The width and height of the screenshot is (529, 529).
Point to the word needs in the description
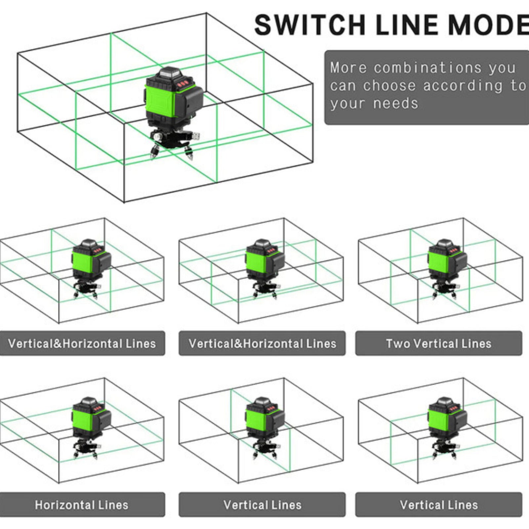click(395, 104)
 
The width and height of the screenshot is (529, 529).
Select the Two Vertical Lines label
click(439, 344)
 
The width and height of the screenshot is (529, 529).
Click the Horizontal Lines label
click(82, 505)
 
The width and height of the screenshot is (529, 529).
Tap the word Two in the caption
click(398, 344)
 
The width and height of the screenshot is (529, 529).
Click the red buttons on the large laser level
click(183, 84)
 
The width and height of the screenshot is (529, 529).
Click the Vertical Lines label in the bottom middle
click(262, 505)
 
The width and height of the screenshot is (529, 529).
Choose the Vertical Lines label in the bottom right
click(439, 505)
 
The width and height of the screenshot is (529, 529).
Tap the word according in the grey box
click(463, 86)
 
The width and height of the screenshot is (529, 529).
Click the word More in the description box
click(348, 68)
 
